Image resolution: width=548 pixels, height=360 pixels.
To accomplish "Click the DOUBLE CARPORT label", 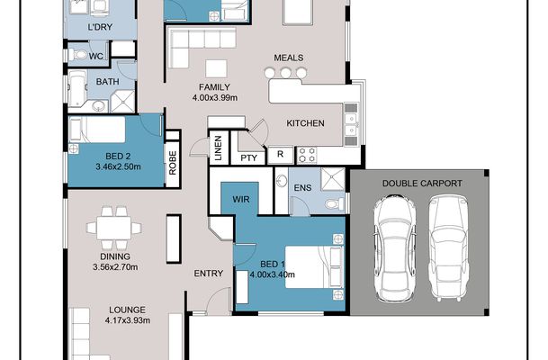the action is [422, 183].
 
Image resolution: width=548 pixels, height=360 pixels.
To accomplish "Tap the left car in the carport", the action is [394, 247].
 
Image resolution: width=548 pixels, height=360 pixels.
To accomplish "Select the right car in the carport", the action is [448, 247].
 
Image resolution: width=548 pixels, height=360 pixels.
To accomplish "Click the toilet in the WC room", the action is [78, 55].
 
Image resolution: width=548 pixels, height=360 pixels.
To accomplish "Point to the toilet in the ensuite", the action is [335, 203].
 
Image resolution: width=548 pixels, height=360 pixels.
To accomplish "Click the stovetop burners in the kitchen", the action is [307, 155].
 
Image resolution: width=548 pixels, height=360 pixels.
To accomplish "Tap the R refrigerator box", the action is [280, 154].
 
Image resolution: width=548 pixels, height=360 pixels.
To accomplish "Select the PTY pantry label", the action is [249, 158].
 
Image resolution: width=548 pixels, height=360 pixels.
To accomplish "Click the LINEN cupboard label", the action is [218, 148].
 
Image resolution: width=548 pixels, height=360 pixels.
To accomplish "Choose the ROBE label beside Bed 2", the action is [173, 163].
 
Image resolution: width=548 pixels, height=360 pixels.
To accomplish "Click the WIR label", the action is [241, 200].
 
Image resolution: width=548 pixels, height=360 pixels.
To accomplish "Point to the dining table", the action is [114, 228].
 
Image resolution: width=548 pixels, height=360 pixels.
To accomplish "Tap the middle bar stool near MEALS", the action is [285, 73].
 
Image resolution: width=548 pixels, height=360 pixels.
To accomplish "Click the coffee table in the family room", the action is [216, 68].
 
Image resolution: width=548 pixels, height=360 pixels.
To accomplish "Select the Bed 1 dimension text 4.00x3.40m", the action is [273, 274].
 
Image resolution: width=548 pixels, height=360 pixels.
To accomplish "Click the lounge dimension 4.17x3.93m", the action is [128, 320].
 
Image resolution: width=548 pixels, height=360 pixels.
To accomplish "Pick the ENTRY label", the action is [209, 274].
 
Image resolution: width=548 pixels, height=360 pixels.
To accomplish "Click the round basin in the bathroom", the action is [99, 106].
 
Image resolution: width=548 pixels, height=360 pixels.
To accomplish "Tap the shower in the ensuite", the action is [333, 179].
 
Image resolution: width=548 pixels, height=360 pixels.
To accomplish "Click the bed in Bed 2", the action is [97, 130].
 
